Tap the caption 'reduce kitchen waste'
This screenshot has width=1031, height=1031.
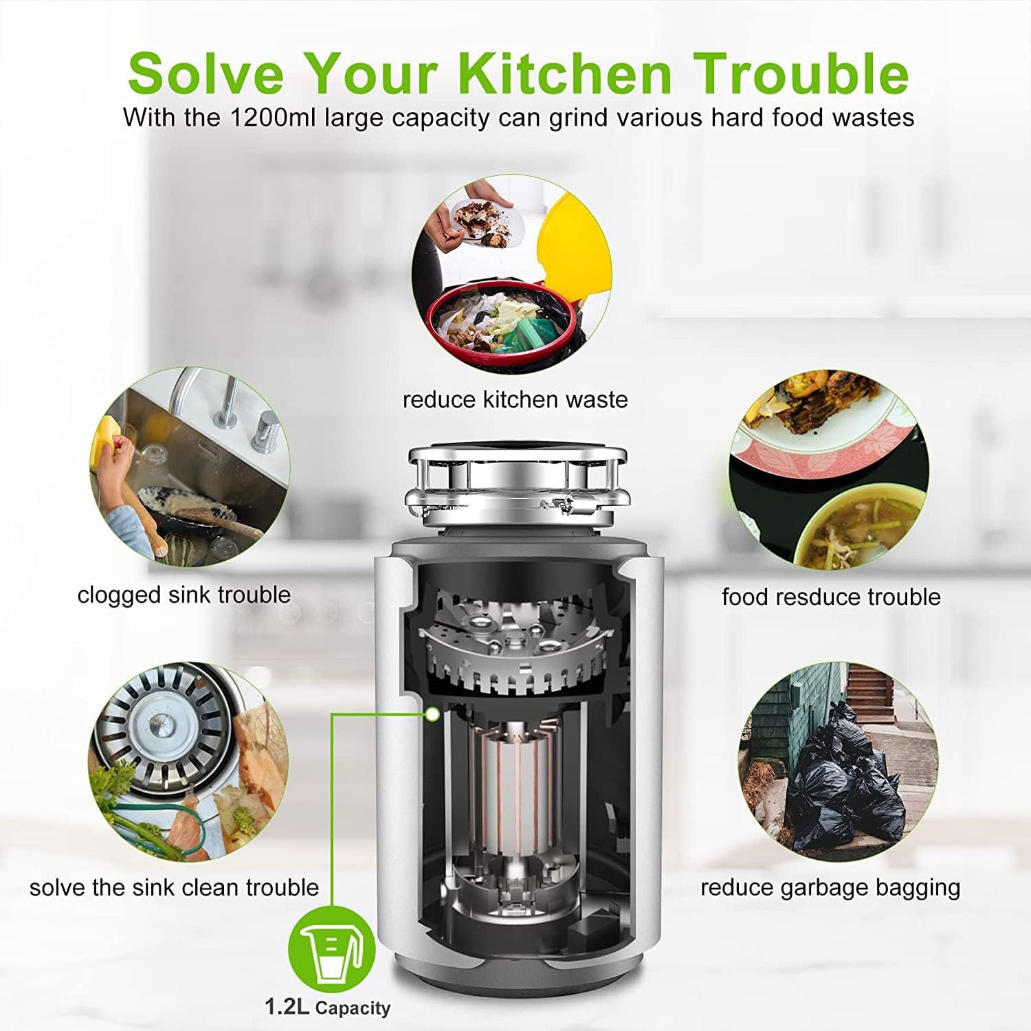tap(515, 399)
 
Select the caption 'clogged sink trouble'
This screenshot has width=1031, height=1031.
tap(184, 595)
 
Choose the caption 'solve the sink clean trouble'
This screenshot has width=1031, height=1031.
tap(175, 887)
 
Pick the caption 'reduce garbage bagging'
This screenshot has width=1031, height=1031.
tap(830, 887)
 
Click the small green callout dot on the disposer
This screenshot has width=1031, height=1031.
tap(432, 715)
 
